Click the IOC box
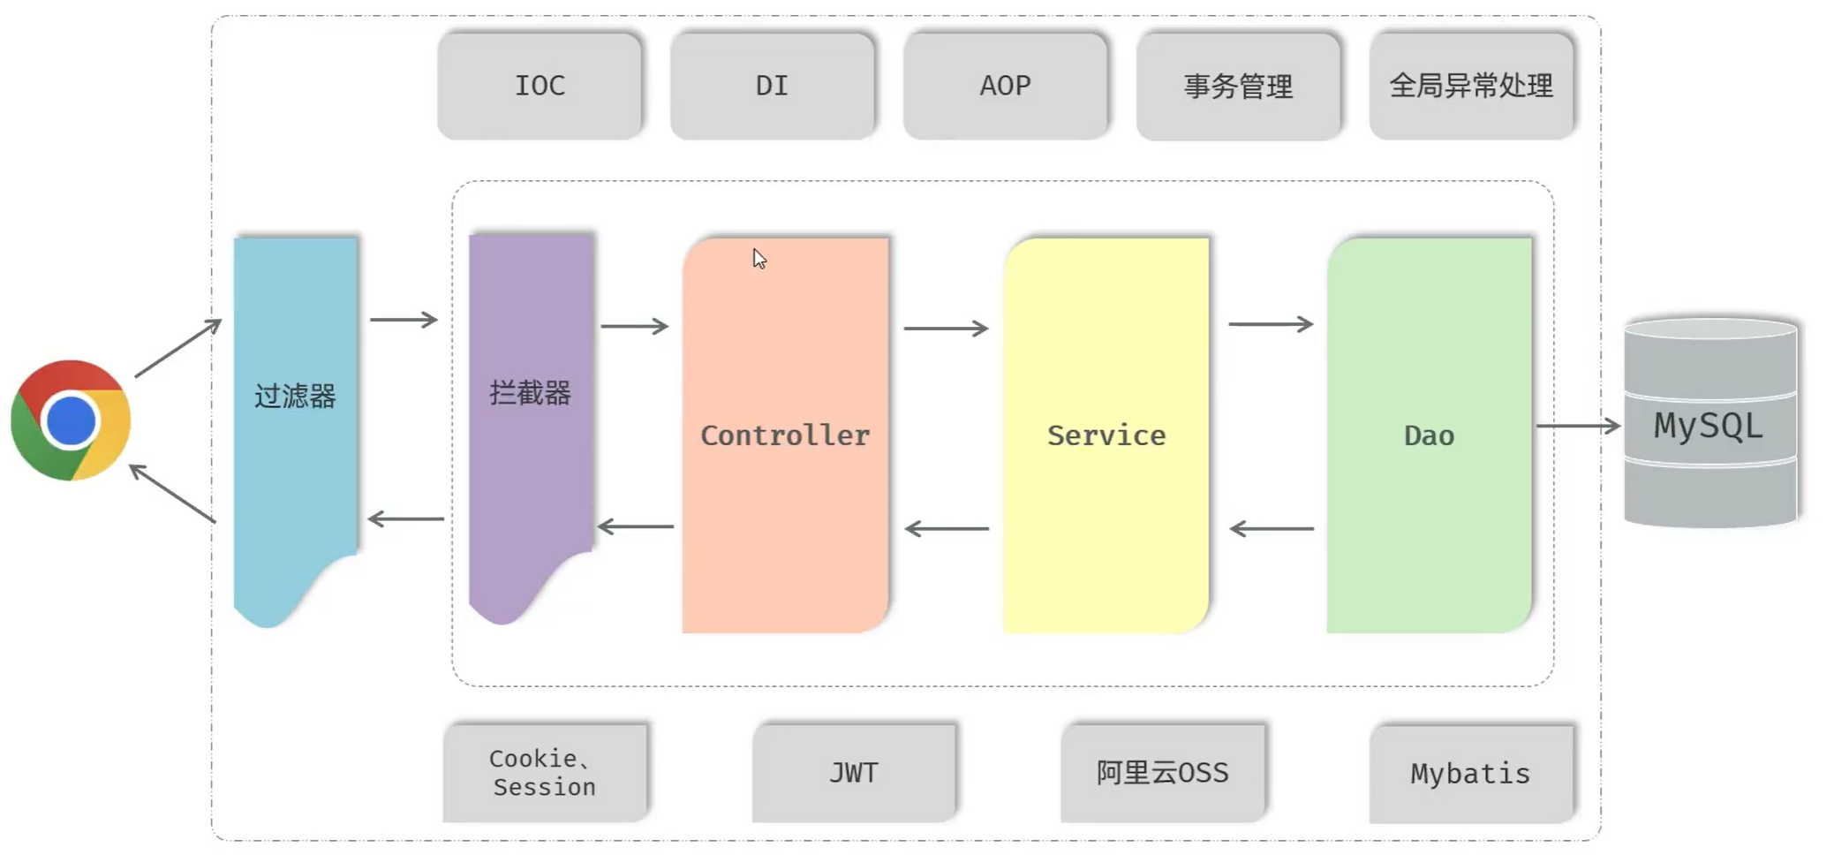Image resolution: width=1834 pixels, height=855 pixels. tap(540, 86)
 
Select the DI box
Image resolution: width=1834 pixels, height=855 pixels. tap(772, 86)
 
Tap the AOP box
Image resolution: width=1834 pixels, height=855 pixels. tap(1005, 86)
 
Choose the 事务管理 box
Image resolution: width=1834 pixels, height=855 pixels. tap(1238, 87)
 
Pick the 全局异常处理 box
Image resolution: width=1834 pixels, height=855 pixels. tap(1471, 86)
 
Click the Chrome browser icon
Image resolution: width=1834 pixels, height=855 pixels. tap(71, 420)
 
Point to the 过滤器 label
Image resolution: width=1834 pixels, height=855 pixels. tap(295, 396)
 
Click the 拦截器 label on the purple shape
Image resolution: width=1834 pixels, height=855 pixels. tap(530, 392)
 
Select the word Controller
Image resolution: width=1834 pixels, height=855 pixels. tap(785, 435)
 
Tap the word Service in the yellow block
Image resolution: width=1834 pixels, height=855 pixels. tap(1106, 435)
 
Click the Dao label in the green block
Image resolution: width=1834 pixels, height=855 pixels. tap(1429, 435)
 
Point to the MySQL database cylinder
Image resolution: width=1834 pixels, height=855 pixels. tap(1709, 424)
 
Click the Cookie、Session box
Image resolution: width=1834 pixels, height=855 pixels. tap(545, 773)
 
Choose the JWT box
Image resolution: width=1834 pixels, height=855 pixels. tap(854, 773)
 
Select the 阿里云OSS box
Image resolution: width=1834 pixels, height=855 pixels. tap(1162, 773)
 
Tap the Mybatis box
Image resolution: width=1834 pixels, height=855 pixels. tap(1470, 774)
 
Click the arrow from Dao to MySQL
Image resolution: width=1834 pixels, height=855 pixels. tap(1578, 426)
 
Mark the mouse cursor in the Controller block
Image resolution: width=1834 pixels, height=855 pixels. tap(759, 258)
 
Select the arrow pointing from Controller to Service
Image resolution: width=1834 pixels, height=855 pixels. tap(946, 329)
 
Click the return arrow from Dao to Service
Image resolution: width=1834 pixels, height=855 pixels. tap(1272, 529)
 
